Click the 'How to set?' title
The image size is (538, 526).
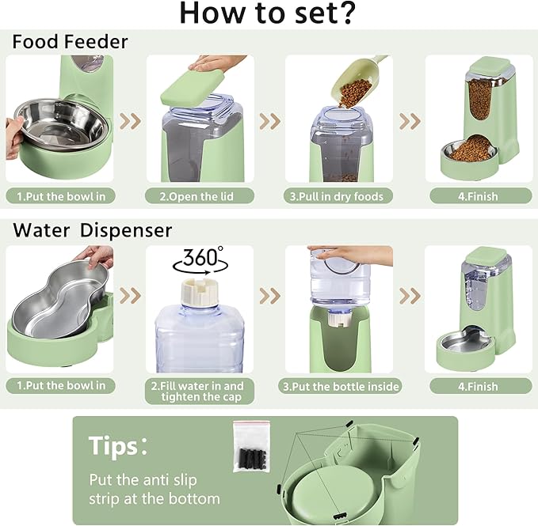[268, 14]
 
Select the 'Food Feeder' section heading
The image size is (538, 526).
[70, 42]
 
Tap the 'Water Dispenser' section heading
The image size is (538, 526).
[92, 230]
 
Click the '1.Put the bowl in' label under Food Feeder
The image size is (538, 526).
[60, 196]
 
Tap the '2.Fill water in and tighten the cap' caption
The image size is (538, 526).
[199, 391]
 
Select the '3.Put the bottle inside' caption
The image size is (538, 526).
[340, 387]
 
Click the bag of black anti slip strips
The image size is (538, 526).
[251, 447]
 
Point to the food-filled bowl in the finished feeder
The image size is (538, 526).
[471, 149]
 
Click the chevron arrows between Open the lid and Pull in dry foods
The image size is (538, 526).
[270, 120]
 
